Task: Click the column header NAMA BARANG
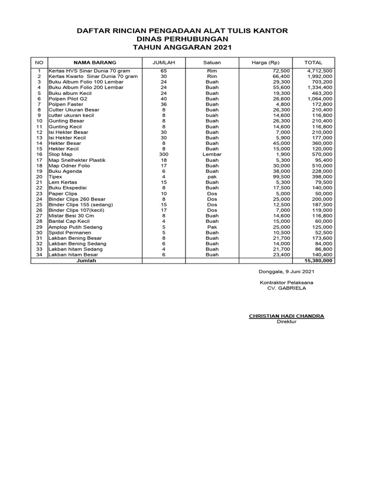[94, 62]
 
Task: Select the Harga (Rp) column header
[265, 62]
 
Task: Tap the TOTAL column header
[313, 62]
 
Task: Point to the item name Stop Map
[60, 155]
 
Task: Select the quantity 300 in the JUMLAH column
[164, 155]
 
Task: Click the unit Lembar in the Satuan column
[212, 155]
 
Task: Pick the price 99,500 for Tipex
[281, 177]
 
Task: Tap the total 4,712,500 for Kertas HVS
[319, 71]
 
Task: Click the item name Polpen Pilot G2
[68, 99]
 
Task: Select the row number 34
[40, 254]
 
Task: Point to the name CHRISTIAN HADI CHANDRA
[286, 316]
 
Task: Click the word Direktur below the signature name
[287, 322]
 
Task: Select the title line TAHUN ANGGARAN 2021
[183, 47]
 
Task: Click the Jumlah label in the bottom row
[87, 261]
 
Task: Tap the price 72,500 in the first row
[281, 71]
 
